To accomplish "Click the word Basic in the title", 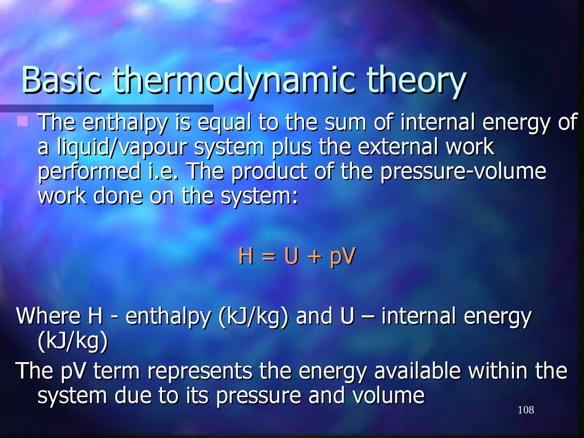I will [x=61, y=81].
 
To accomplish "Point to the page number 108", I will [x=525, y=411].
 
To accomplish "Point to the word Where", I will [x=47, y=317].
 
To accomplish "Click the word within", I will [x=502, y=371].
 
